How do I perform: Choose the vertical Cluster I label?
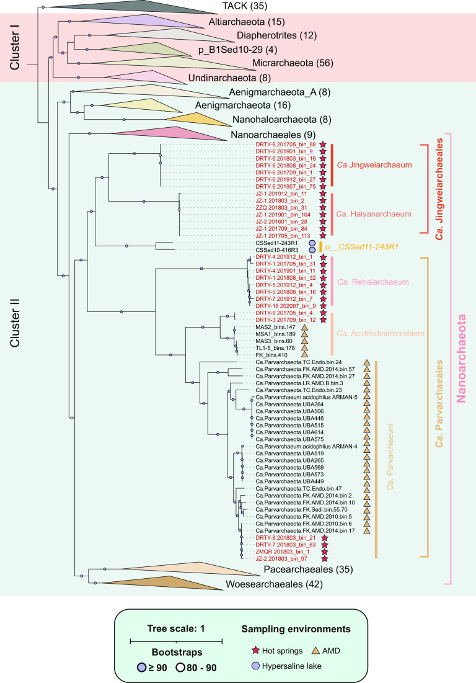(x=18, y=48)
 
